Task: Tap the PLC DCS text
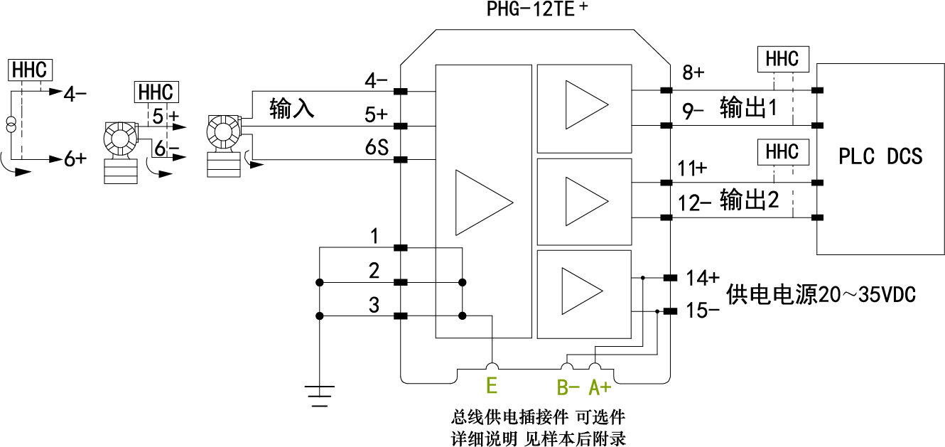click(880, 156)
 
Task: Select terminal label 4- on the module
click(376, 80)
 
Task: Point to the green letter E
click(491, 386)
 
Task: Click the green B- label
click(568, 387)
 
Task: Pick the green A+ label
click(600, 387)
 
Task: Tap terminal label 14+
click(702, 276)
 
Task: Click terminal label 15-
click(702, 311)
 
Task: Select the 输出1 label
click(748, 108)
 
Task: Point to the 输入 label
click(291, 109)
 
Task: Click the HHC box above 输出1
click(782, 59)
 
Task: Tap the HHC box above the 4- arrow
click(29, 70)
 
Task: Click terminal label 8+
click(693, 72)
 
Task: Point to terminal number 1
click(374, 236)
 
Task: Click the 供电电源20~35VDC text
click(821, 294)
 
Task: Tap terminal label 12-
click(694, 203)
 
